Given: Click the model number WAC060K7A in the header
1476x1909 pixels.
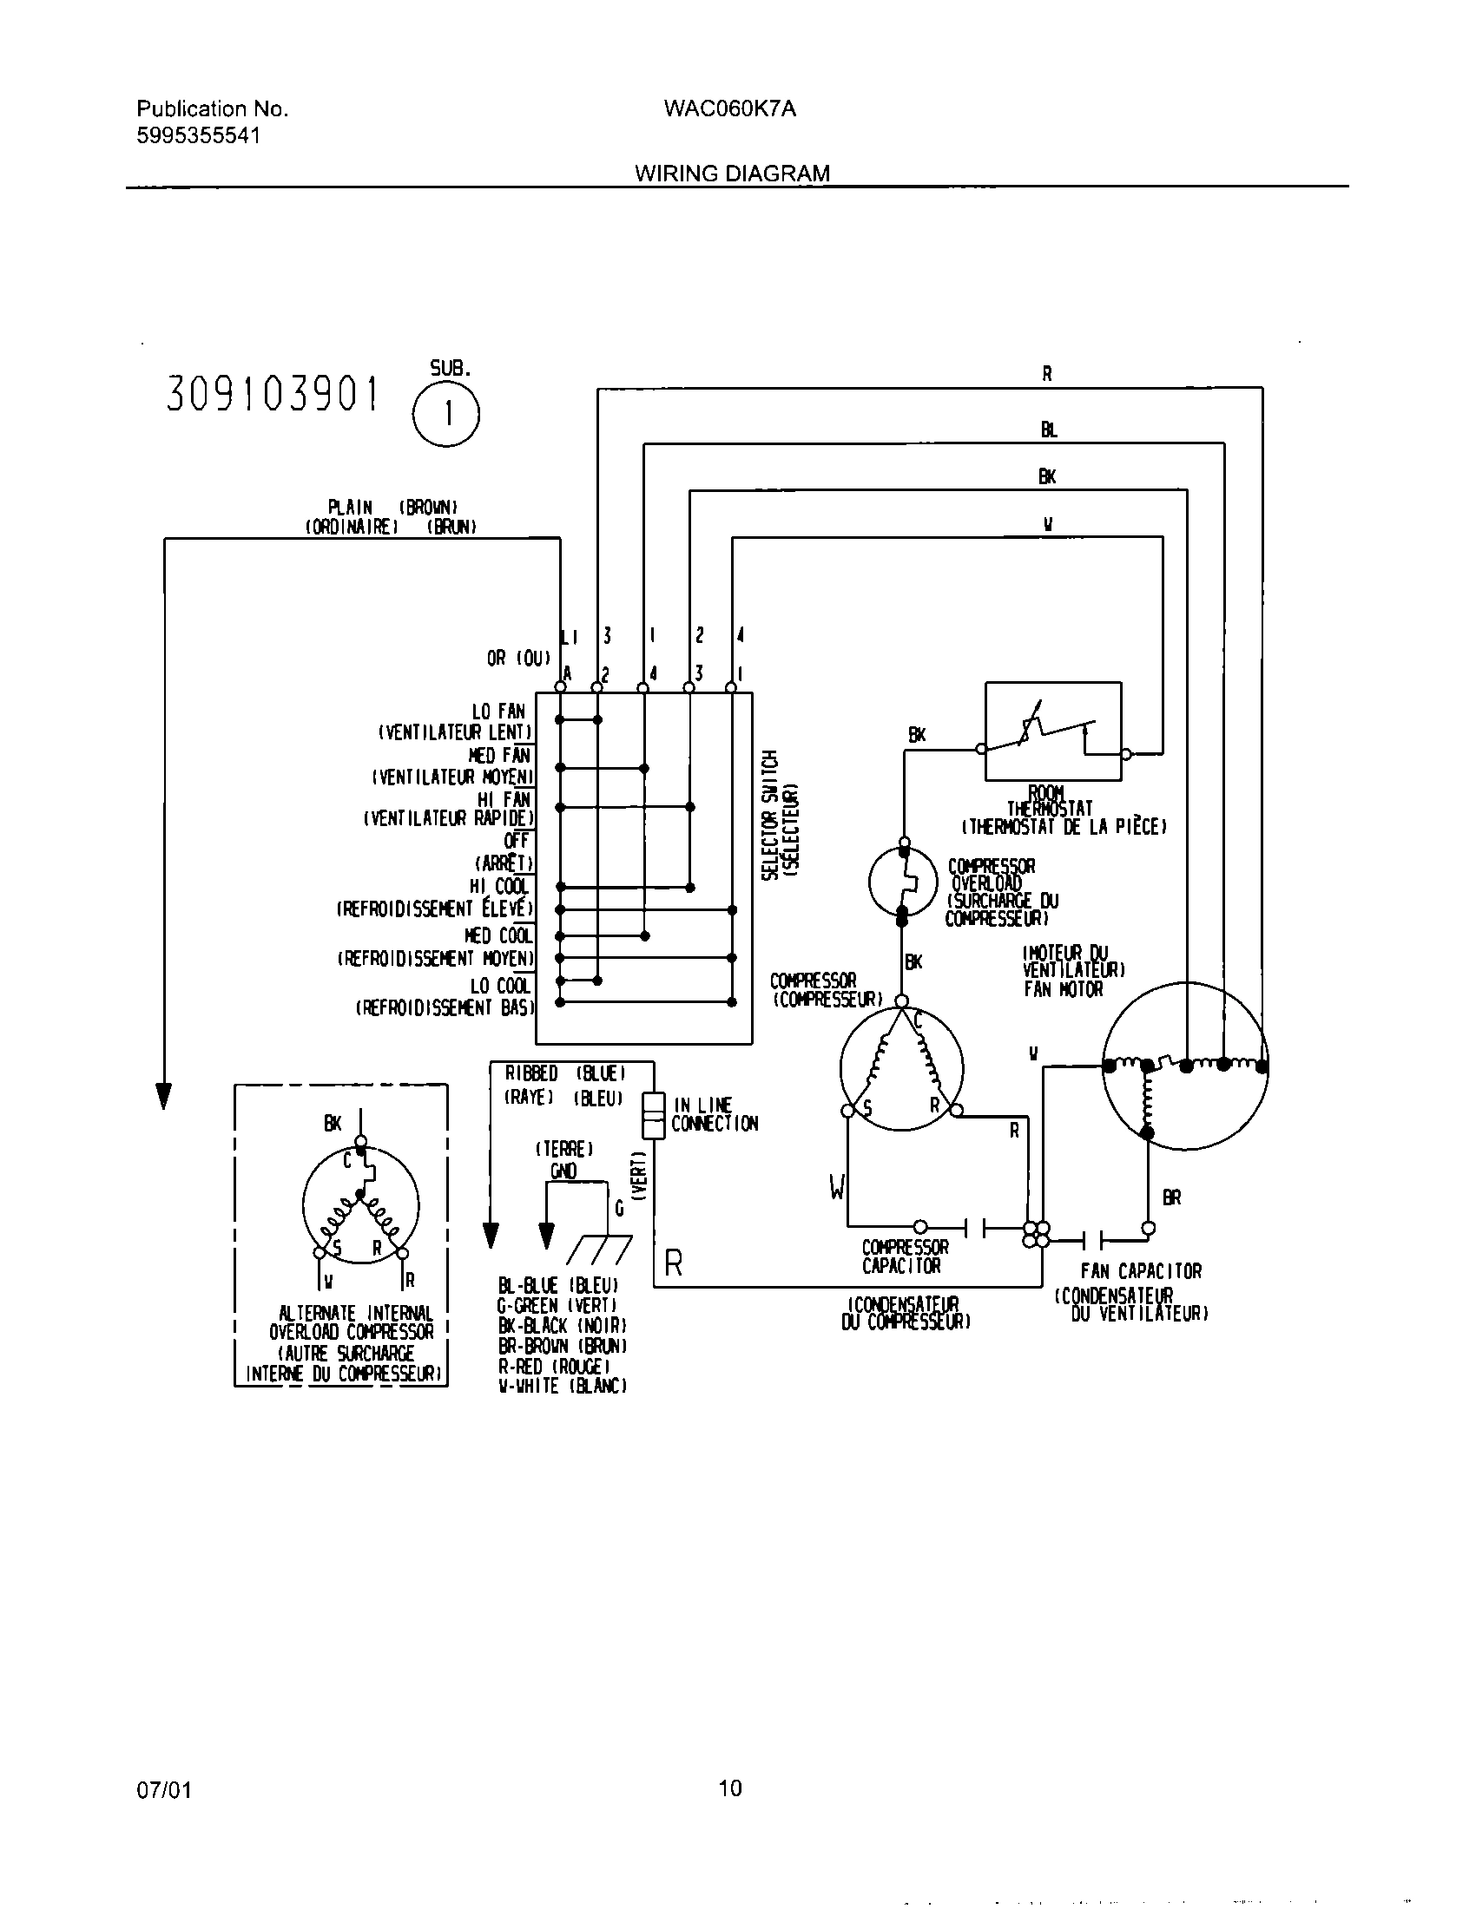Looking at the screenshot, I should tap(729, 109).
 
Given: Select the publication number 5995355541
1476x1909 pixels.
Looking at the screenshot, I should tap(199, 136).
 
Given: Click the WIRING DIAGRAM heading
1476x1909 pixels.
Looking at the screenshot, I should tap(732, 173).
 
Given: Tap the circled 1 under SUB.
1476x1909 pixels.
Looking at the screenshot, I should tap(446, 414).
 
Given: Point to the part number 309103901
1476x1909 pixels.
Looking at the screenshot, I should tap(273, 396).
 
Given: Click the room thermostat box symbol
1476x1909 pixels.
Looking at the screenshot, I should tap(1053, 731).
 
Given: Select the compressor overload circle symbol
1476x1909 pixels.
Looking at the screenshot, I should tap(902, 882).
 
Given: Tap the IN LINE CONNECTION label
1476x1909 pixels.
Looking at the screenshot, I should tap(715, 1114).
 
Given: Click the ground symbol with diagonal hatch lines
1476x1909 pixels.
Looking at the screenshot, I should tap(599, 1250).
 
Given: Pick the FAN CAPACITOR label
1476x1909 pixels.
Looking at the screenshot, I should tap(1140, 1271).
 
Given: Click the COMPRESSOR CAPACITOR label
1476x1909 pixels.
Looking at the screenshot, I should tap(904, 1257).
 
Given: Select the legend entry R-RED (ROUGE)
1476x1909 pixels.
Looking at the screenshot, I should tap(554, 1366).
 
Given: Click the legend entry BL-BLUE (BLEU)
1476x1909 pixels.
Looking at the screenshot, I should tap(558, 1285).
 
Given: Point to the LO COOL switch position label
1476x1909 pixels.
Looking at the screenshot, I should tap(500, 986).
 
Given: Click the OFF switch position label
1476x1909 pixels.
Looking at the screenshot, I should tap(517, 840).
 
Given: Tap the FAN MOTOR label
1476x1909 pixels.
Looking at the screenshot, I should tap(1064, 989).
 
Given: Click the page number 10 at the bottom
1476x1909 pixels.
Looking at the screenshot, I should tap(730, 1788).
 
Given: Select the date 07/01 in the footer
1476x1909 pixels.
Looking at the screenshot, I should tap(163, 1790).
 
